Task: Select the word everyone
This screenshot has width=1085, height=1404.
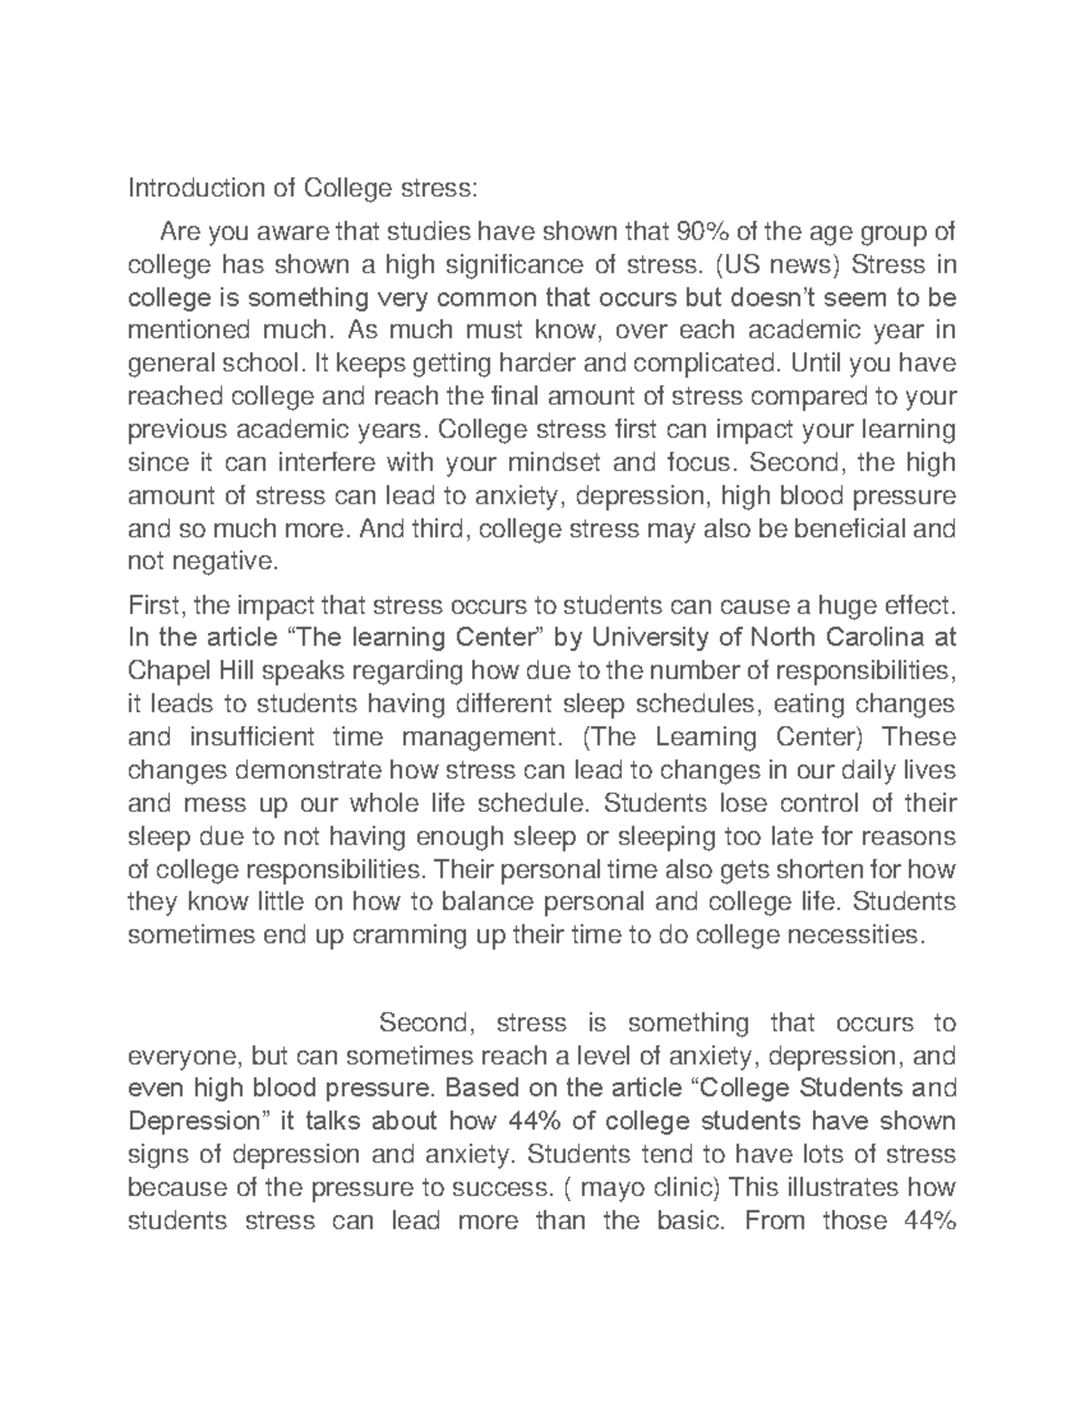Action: point(185,1056)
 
